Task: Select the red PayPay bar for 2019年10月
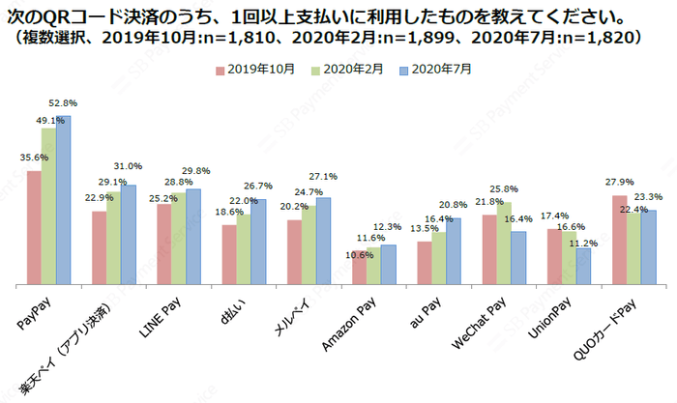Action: pos(34,228)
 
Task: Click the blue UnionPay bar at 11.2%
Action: pos(583,266)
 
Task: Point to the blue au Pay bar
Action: pos(453,251)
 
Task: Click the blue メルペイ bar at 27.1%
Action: pos(323,241)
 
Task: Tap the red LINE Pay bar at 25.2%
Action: pos(164,245)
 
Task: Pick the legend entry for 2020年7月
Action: pos(442,70)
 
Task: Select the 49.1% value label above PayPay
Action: pos(51,121)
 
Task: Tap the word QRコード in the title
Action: pos(81,16)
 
